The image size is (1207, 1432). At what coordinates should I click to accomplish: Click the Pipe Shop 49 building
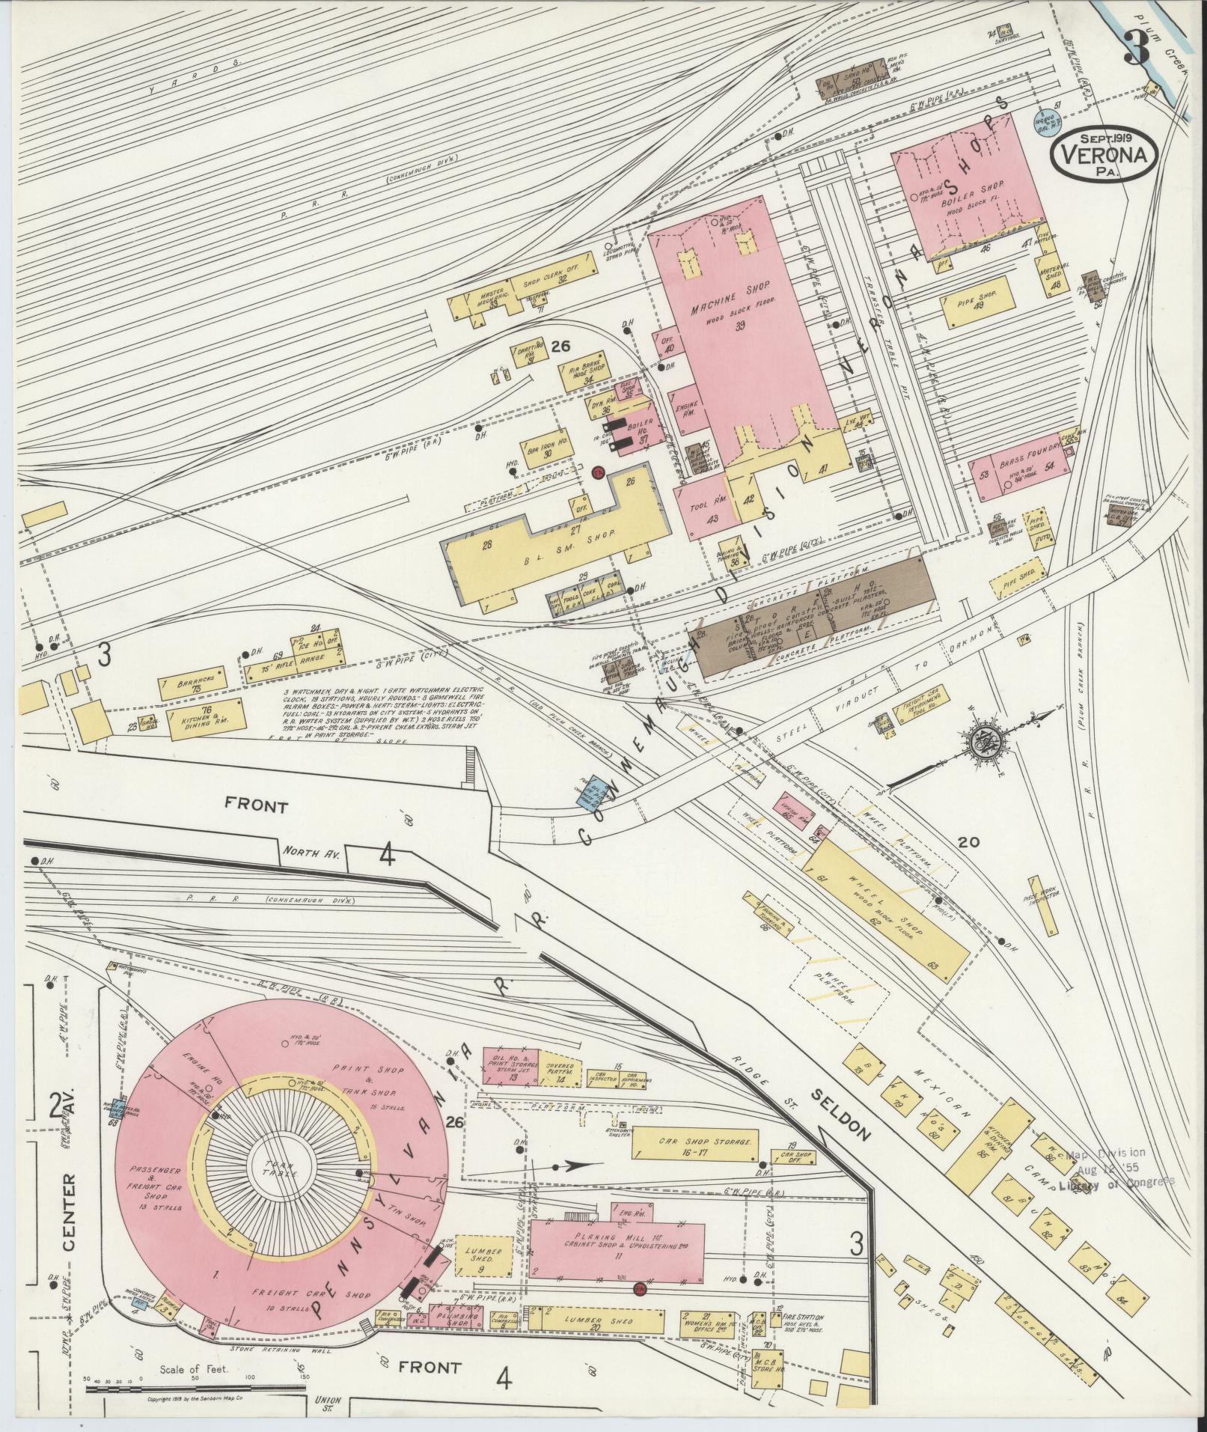[x=976, y=301]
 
